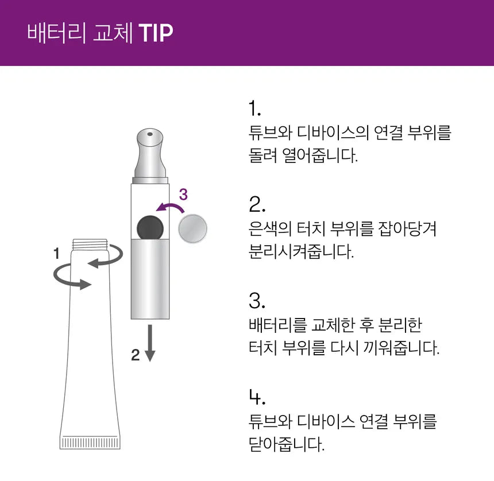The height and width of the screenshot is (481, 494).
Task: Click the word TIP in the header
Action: [156, 32]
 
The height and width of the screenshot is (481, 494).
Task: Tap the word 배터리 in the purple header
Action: [56, 32]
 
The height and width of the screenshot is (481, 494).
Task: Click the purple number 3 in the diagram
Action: [183, 195]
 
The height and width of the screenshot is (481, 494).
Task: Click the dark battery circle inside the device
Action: [150, 228]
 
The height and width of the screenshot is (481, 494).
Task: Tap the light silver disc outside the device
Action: [192, 228]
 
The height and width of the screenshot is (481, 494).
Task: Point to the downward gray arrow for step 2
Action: [150, 343]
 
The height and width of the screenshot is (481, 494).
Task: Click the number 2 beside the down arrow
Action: [136, 355]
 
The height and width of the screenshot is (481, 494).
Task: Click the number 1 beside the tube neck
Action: [57, 253]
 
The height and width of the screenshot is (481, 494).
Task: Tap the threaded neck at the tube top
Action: [90, 245]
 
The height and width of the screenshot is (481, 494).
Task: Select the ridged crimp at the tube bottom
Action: [90, 443]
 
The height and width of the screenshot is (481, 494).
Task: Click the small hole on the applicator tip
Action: [150, 134]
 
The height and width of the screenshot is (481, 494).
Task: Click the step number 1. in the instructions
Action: [254, 108]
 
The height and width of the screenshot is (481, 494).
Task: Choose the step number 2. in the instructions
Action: [257, 204]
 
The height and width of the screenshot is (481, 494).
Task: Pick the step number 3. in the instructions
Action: [257, 301]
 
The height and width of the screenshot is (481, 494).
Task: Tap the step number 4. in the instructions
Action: [257, 397]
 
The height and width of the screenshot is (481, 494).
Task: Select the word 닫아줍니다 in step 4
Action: [287, 444]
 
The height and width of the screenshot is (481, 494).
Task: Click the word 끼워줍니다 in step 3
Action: [401, 348]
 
